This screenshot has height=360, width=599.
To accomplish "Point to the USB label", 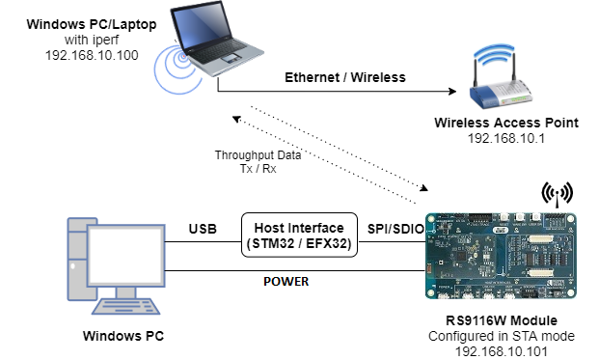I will pyautogui.click(x=202, y=229).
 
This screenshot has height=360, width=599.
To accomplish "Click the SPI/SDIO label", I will pyautogui.click(x=391, y=229).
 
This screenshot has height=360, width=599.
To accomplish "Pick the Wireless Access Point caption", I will pyautogui.click(x=505, y=123).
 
